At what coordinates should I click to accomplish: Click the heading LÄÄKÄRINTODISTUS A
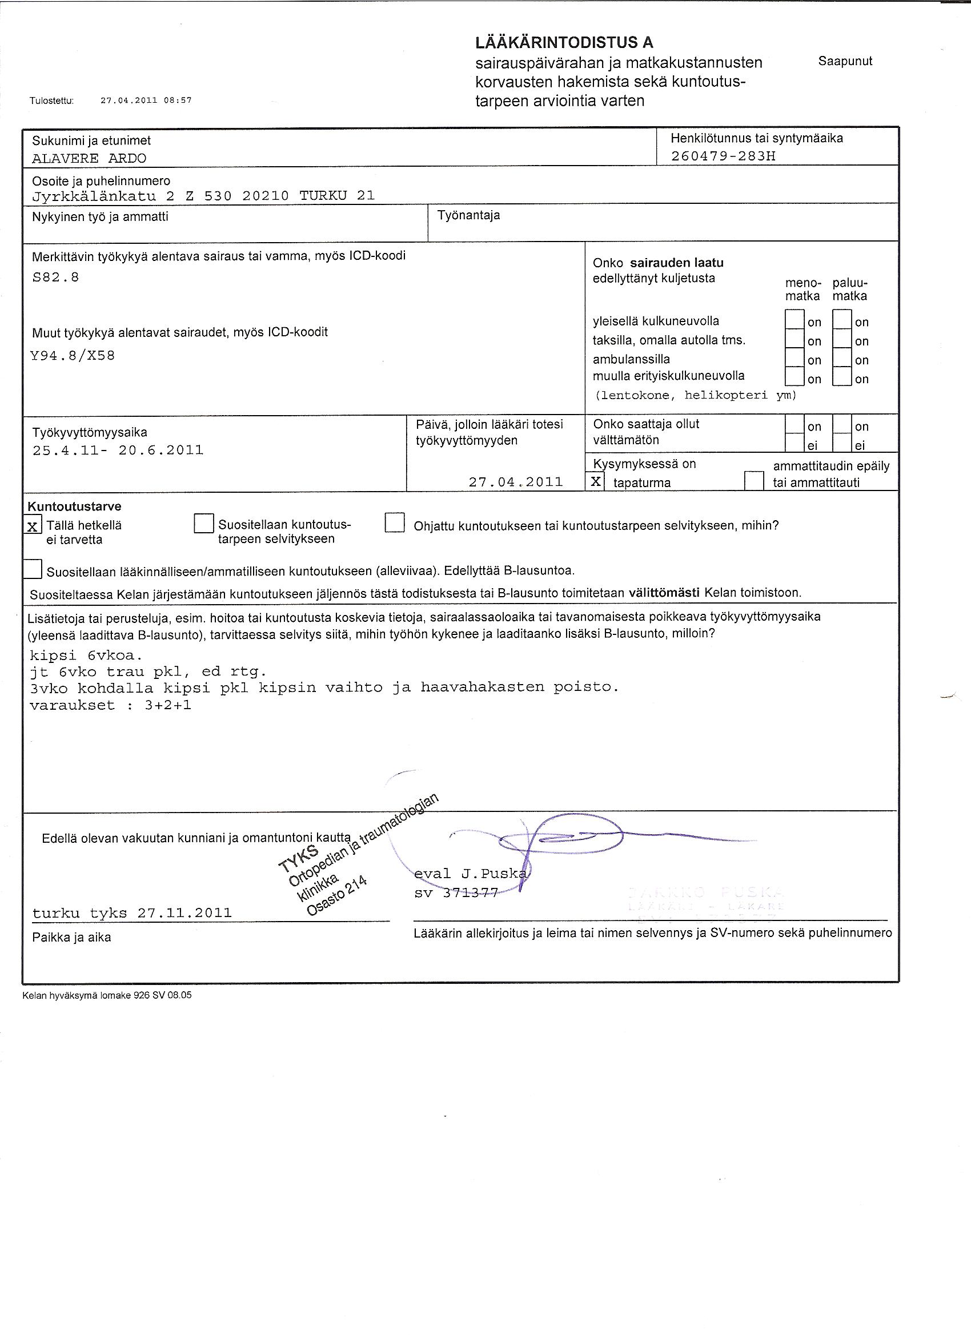(x=564, y=42)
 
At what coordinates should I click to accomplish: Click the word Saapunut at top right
(x=845, y=61)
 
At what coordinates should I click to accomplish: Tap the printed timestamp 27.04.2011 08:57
(x=146, y=100)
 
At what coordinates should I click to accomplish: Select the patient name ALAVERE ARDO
(x=89, y=158)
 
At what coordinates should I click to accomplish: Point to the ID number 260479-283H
(x=723, y=156)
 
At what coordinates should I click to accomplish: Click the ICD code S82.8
(x=55, y=278)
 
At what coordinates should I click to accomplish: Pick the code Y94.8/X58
(x=73, y=356)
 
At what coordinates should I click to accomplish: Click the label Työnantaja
(x=468, y=215)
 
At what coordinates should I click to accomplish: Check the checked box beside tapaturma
(x=596, y=481)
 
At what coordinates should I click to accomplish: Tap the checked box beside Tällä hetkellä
(x=33, y=526)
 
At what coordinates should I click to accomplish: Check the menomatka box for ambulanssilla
(x=795, y=359)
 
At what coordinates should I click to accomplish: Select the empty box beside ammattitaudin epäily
(x=754, y=481)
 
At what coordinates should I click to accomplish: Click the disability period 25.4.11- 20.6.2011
(x=118, y=451)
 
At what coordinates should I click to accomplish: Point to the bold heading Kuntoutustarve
(x=75, y=506)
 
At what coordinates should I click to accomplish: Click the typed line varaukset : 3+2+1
(x=110, y=705)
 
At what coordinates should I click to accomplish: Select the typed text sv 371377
(x=456, y=892)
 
